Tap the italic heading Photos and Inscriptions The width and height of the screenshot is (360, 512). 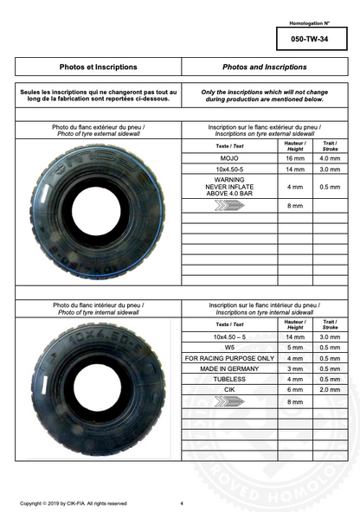tap(264, 66)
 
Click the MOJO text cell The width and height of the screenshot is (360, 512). tap(229, 159)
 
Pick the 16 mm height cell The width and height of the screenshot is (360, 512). tap(295, 159)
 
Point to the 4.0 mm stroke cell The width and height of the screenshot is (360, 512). tap(330, 159)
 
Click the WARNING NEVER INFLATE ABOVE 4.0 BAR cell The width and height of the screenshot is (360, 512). tap(229, 186)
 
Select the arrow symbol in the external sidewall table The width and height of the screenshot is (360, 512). tap(229, 206)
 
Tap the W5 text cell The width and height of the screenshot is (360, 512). tap(229, 347)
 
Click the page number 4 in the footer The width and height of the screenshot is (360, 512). tap(182, 502)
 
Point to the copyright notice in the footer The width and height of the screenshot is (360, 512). tap(74, 502)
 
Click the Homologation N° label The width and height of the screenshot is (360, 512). tap(309, 22)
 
